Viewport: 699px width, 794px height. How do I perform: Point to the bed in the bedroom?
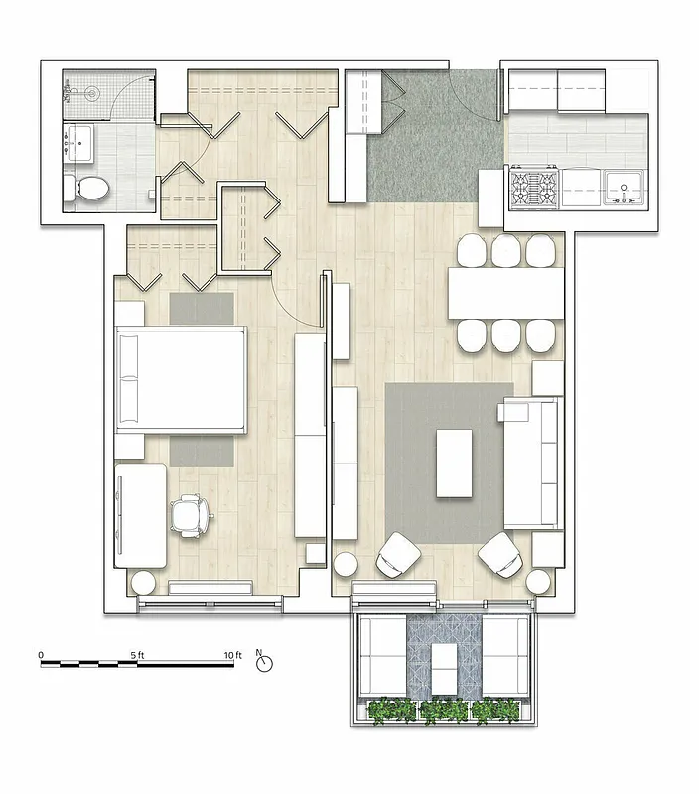coord(181,380)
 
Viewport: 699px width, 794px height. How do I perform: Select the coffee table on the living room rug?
coord(457,463)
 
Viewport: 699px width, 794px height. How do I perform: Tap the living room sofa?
coord(531,463)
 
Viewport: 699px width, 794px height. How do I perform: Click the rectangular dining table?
coord(505,293)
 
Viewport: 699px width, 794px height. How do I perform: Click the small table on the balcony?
coord(444,671)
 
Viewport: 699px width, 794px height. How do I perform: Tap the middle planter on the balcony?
coord(444,711)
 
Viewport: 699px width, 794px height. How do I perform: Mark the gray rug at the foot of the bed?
coord(201,451)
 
